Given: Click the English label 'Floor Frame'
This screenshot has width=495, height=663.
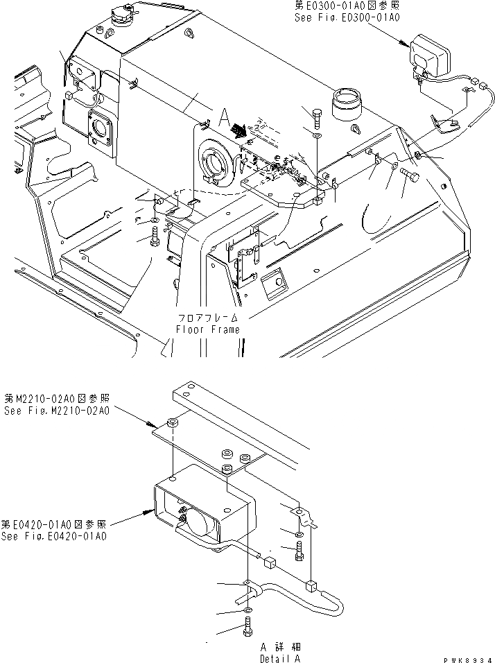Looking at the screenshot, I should (208, 329).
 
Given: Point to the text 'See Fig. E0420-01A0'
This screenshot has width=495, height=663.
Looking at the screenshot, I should (55, 535).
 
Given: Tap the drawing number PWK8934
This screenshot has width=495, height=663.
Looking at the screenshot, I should (469, 656).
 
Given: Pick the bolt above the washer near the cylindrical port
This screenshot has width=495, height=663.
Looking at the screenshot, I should (316, 118).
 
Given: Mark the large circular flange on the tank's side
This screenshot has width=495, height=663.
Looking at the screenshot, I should (214, 163).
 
